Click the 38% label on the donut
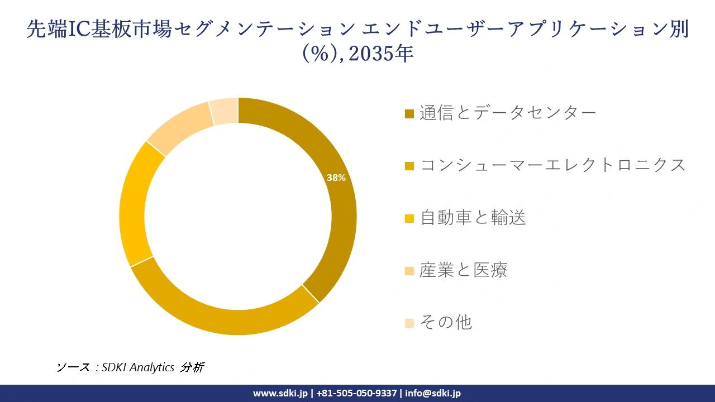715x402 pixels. coord(336,178)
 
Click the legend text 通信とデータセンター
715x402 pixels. coord(508,113)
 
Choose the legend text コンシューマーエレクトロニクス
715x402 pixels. coord(552,165)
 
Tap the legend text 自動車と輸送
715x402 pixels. coord(473,218)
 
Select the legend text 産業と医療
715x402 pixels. coord(464,270)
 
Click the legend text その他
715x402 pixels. coord(446,322)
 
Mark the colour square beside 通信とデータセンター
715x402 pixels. coord(409,114)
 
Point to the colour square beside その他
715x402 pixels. coord(409,323)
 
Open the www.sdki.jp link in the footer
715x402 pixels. coord(280,393)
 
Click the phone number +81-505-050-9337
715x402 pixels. coord(356,393)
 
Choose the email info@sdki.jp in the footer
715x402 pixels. coord(433,393)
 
